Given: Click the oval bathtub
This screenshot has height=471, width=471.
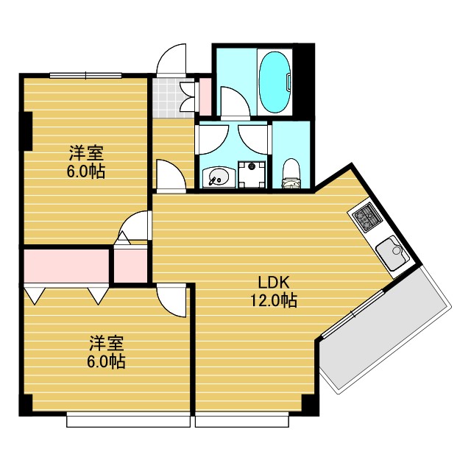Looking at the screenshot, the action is coord(275,82).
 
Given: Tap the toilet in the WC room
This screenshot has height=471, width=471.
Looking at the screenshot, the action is coord(291,174).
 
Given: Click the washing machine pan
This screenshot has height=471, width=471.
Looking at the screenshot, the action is coord(252,174).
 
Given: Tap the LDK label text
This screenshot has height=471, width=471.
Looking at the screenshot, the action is coord(274,283).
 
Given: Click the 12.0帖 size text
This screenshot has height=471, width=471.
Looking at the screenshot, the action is coord(274,300).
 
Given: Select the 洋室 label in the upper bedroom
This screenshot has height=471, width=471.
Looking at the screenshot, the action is coord(86,153).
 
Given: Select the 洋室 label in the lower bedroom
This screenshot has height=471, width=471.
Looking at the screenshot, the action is coord(107,343).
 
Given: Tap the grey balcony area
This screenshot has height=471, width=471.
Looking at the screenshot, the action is coord(385,330).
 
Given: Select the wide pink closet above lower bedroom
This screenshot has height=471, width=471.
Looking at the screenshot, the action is coord(66,266).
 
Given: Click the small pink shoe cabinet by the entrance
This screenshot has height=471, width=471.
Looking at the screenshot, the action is coord(205,96).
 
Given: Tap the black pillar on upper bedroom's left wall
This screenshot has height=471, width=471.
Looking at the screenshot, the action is coord(28,131).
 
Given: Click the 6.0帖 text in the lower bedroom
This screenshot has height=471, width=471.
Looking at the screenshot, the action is coord(107,362).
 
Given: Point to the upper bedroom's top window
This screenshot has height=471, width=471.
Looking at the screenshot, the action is coord(86,75).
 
